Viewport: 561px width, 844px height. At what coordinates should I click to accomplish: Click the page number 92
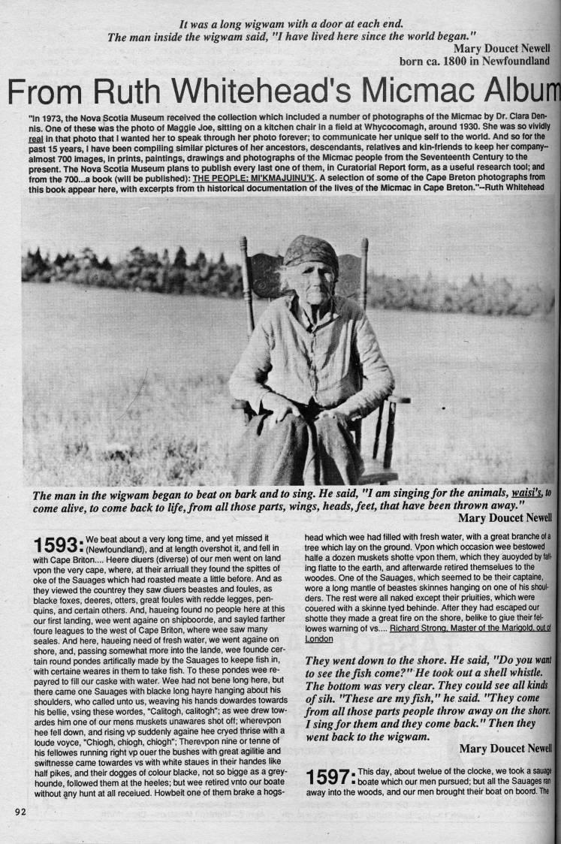[x=20, y=811]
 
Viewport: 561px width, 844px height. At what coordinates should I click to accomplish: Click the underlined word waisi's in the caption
[x=525, y=493]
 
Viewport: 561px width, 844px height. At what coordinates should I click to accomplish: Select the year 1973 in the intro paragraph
[x=55, y=119]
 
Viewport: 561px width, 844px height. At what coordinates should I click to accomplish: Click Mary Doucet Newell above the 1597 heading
[x=505, y=748]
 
